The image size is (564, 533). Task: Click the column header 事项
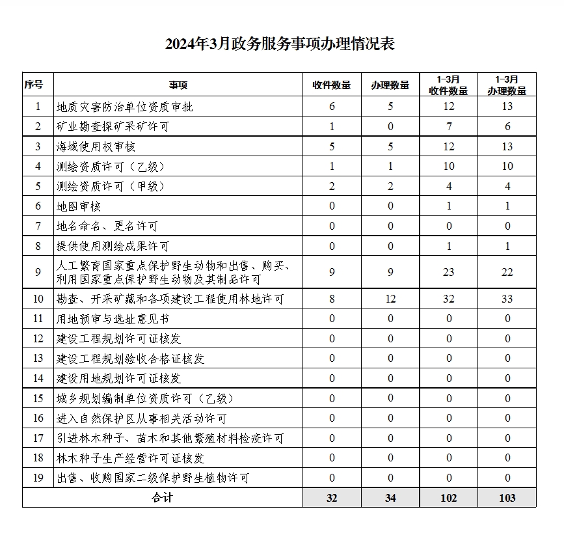pos(178,85)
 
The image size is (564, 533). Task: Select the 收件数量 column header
pos(331,85)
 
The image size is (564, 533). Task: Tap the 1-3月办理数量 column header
pos(507,85)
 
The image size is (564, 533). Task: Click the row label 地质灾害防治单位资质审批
pos(125,107)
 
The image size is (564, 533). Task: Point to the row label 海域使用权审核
pos(96,146)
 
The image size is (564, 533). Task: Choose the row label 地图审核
pos(78,206)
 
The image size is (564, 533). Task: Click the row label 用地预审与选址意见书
pos(113,319)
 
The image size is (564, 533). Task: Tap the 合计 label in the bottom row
pos(162,498)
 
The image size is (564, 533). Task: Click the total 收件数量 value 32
pos(332,498)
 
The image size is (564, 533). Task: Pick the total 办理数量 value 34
pos(390,498)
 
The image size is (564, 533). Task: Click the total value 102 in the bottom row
pos(448,498)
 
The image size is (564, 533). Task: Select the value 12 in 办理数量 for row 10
pos(390,299)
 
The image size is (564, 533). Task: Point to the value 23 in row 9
pos(448,273)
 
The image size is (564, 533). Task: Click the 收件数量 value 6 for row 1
pos(332,107)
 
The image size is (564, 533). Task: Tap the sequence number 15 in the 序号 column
pos(38,398)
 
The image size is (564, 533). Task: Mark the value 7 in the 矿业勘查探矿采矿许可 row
pos(448,126)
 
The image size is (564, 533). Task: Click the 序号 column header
pos(34,85)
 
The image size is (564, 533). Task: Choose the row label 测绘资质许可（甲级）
pos(111,186)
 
